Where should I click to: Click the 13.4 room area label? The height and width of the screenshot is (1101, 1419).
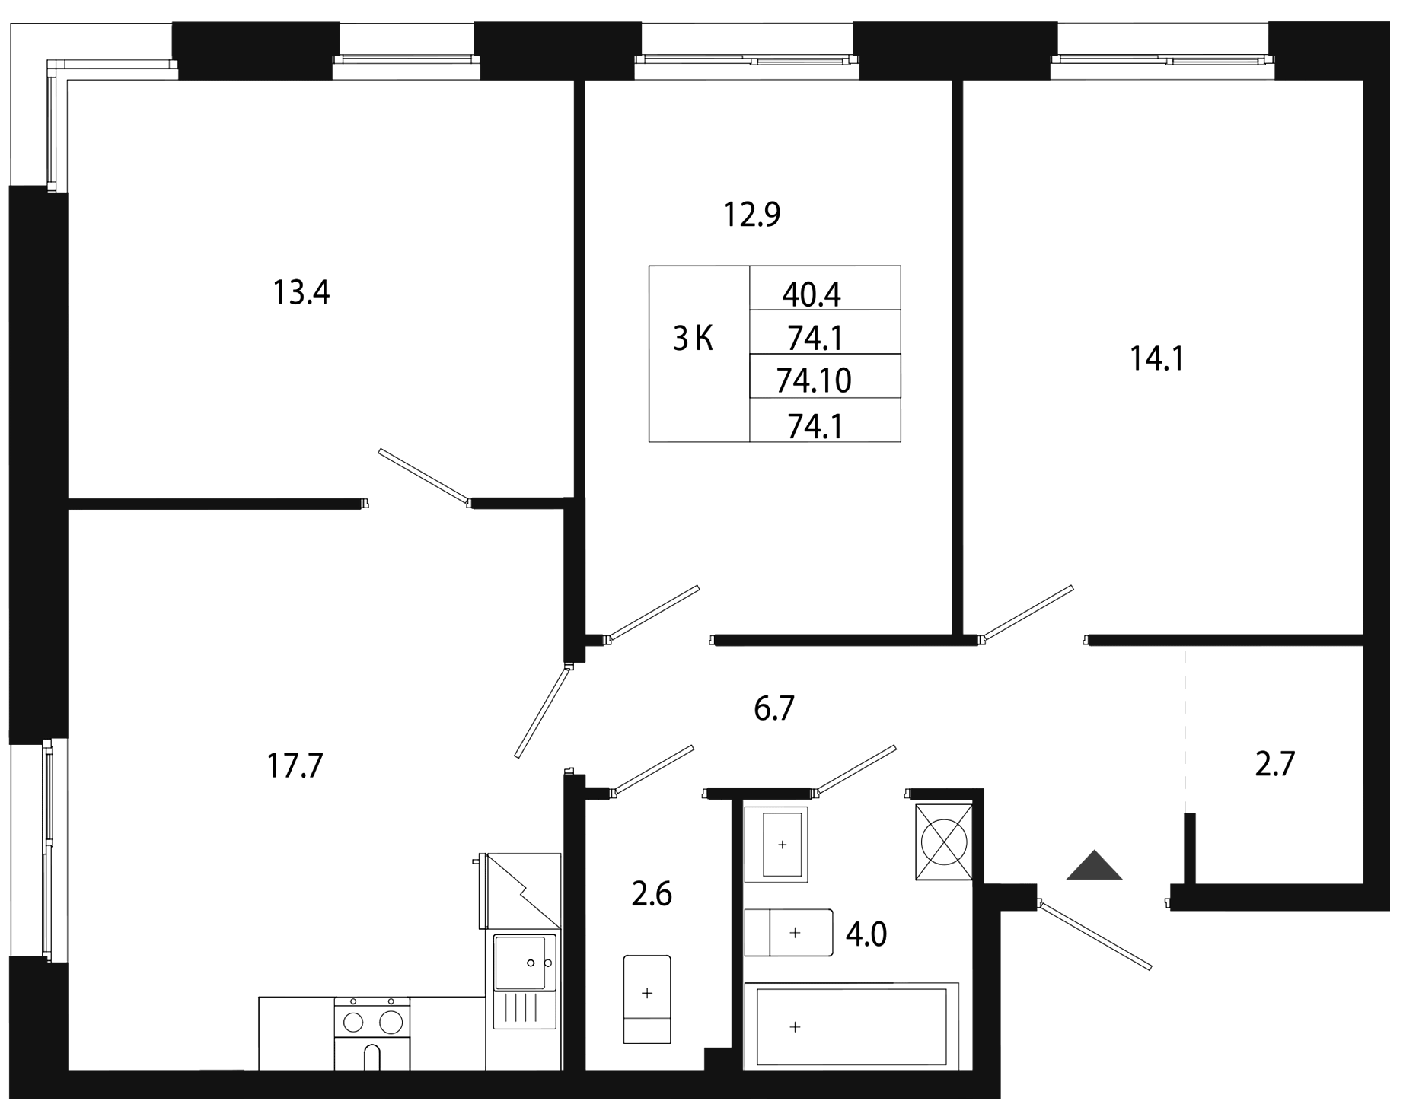click(301, 293)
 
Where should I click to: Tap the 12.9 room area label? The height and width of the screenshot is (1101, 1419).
click(752, 215)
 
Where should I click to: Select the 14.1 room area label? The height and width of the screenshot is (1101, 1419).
click(1156, 359)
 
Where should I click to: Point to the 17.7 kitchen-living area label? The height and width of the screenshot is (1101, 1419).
click(295, 765)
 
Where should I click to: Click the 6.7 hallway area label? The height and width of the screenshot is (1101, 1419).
click(773, 709)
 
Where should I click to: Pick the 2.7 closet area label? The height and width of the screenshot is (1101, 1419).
click(1274, 764)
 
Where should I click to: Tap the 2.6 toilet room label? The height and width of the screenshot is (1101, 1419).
click(652, 895)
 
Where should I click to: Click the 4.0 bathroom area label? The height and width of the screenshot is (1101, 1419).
click(866, 933)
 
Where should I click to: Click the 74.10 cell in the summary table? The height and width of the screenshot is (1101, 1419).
click(813, 380)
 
